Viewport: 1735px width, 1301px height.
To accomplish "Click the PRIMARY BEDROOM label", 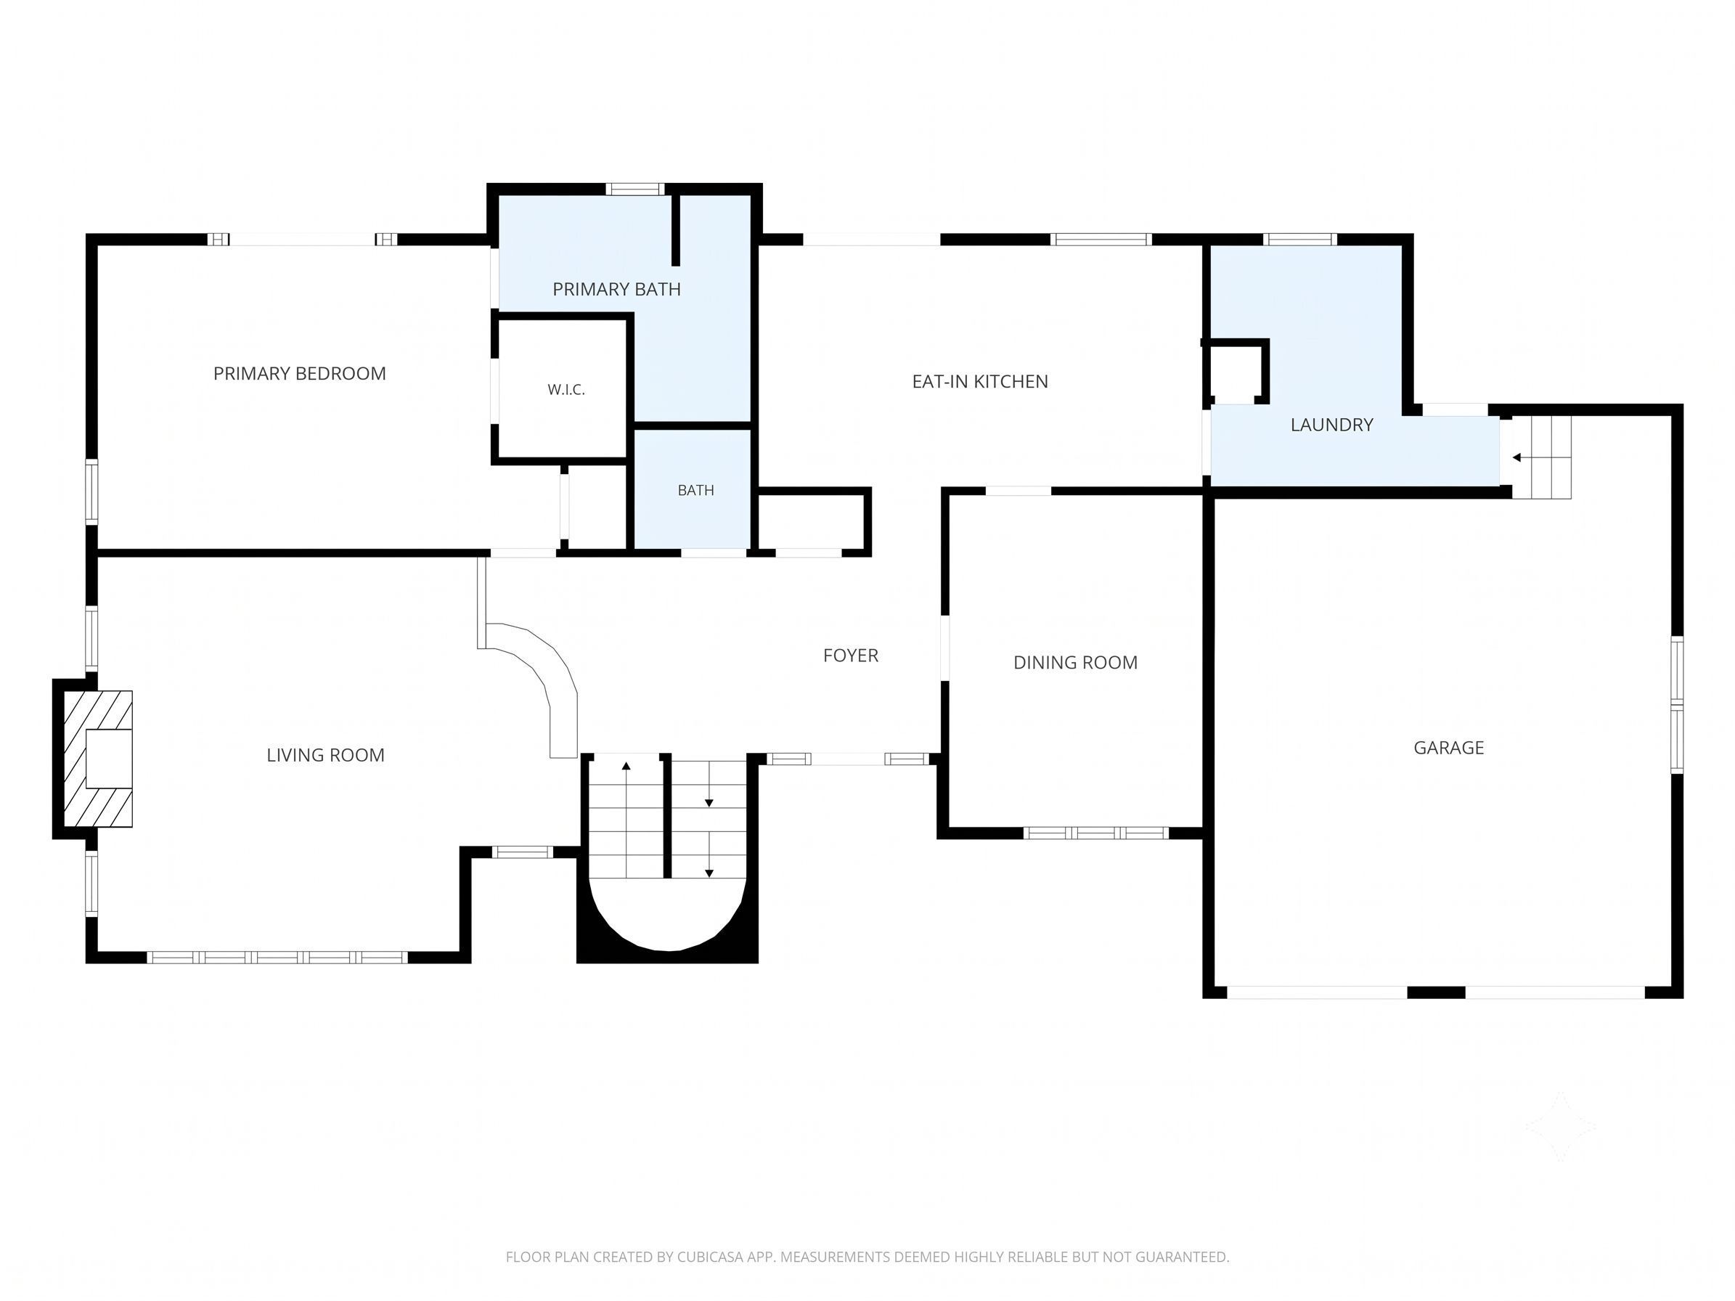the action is pyautogui.click(x=300, y=373).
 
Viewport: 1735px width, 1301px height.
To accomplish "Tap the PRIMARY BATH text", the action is pyautogui.click(x=616, y=290).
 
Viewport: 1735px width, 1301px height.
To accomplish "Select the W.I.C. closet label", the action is pyautogui.click(x=566, y=390).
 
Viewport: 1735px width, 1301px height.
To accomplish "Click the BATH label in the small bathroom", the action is pyautogui.click(x=695, y=490).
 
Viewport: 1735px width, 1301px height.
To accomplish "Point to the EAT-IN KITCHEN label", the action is pyautogui.click(x=980, y=381).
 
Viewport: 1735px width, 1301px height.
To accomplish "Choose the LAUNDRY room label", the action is pyautogui.click(x=1332, y=424).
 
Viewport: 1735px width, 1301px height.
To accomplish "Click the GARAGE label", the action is pyautogui.click(x=1449, y=747).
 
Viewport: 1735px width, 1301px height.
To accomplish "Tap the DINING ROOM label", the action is pyautogui.click(x=1075, y=662).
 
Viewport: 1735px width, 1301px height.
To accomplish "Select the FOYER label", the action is pyautogui.click(x=850, y=655).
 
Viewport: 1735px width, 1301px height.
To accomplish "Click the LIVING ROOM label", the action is pyautogui.click(x=325, y=754).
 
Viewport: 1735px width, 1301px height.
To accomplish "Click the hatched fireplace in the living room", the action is pyautogui.click(x=97, y=759).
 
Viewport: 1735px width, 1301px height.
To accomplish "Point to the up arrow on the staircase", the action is pyautogui.click(x=626, y=766).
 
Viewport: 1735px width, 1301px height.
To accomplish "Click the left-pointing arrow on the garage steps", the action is pyautogui.click(x=1517, y=457).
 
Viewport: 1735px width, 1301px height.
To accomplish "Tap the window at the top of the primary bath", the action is pyautogui.click(x=634, y=189).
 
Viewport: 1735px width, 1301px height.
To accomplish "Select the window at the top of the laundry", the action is pyautogui.click(x=1299, y=239).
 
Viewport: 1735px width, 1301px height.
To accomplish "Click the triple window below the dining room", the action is pyautogui.click(x=1095, y=833).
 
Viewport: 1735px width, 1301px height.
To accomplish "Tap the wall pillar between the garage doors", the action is pyautogui.click(x=1436, y=992).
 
